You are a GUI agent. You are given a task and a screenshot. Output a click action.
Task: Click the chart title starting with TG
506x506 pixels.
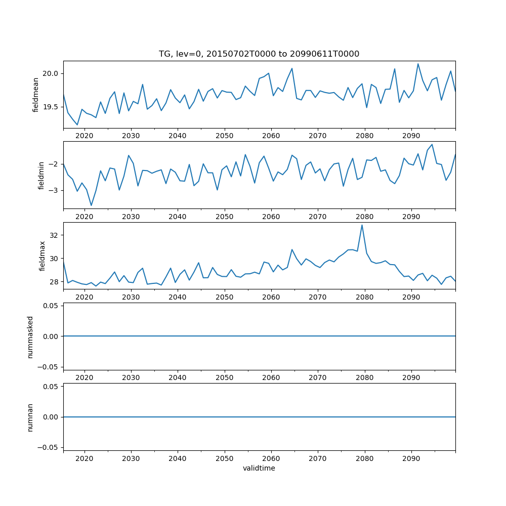tap(259, 54)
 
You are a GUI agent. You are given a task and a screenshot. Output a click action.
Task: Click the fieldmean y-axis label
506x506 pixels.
tap(36, 95)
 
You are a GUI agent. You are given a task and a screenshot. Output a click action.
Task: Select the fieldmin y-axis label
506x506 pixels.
tap(41, 175)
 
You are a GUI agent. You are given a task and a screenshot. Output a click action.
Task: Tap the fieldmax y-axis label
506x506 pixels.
tap(43, 256)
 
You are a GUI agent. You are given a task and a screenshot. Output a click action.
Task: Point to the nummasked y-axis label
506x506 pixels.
tap(30, 336)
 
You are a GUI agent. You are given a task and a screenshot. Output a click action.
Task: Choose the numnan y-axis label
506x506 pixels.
tap(30, 417)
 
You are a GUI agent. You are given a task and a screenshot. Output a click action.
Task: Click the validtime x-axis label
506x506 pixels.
tap(259, 469)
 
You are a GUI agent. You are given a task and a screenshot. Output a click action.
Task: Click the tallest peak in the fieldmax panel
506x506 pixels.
tap(362, 225)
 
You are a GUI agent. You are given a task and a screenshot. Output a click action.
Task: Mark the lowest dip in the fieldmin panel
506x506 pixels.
tap(91, 205)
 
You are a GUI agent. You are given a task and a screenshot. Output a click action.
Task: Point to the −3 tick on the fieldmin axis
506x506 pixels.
tap(55, 190)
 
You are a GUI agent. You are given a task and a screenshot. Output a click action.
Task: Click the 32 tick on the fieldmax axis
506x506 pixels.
tap(55, 235)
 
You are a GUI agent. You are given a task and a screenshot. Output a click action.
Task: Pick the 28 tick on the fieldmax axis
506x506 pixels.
tap(55, 282)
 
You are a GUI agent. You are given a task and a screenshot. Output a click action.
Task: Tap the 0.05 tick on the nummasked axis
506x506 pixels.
tap(51, 306)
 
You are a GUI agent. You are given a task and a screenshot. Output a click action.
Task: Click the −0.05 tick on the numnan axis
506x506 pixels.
tap(49, 447)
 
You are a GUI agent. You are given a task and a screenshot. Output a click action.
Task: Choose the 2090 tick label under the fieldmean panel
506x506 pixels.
tap(411, 136)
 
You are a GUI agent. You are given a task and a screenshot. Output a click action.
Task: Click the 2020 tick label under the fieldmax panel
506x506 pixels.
tap(85, 297)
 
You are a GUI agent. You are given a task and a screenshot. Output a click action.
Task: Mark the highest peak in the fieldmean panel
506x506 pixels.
tap(418, 64)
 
